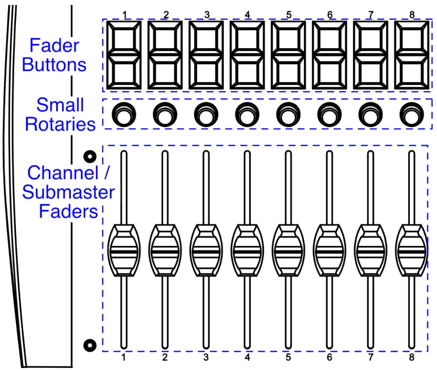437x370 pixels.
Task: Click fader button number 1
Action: [x=125, y=56]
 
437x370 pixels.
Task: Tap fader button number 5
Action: [x=289, y=56]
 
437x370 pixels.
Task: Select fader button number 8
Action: [x=412, y=56]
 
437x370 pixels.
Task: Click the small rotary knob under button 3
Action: [x=204, y=115]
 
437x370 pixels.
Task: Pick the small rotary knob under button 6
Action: [x=327, y=115]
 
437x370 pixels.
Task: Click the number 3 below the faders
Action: [x=206, y=357]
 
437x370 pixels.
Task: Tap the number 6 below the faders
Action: [x=329, y=357]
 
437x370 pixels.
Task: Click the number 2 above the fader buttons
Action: [x=166, y=14]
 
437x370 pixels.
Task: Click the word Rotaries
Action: [x=60, y=124]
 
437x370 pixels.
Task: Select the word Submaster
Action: [x=69, y=192]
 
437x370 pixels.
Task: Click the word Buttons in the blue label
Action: [x=54, y=65]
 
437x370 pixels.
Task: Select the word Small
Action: [x=60, y=105]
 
